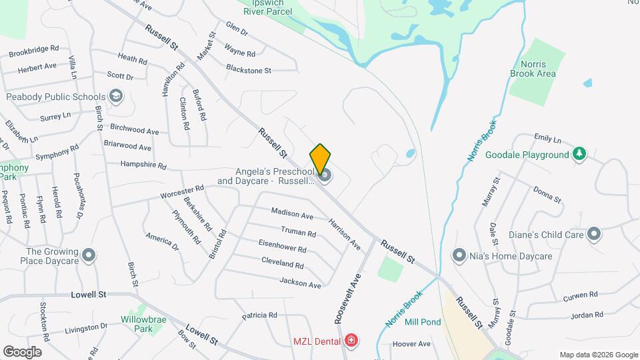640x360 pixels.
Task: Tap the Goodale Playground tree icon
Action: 580,155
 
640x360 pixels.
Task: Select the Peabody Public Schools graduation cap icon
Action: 117,97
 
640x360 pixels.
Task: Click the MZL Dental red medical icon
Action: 351,341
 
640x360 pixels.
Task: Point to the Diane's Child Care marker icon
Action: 594,234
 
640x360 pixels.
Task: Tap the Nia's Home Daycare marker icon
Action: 459,255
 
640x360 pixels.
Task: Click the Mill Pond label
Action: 423,322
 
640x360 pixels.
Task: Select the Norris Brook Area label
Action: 533,69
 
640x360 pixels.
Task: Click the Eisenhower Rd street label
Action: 283,249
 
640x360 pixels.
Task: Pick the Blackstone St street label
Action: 249,69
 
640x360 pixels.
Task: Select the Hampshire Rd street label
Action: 143,164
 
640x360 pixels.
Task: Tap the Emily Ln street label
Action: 548,138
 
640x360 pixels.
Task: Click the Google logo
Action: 22,351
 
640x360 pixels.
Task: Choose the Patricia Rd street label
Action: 259,315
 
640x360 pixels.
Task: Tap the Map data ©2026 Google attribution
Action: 598,355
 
